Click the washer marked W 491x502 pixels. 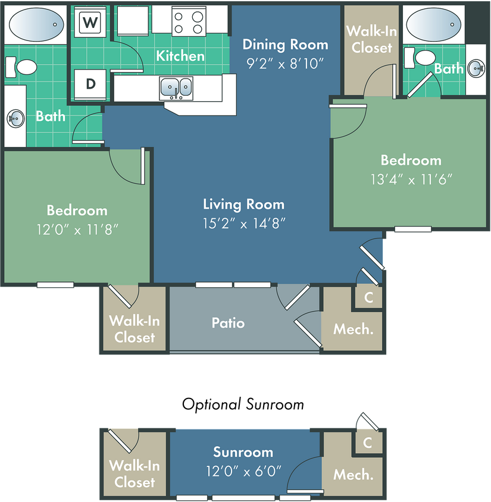90,23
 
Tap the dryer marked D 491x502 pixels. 90,84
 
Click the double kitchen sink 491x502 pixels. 176,87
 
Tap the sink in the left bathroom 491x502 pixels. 15,118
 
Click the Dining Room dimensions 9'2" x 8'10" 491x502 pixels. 285,63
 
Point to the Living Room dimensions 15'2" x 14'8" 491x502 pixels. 244,223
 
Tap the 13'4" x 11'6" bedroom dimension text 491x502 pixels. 411,178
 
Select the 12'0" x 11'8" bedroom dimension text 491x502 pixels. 77,229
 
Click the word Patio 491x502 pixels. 228,323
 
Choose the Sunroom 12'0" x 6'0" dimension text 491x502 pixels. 243,471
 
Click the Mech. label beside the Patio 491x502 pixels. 354,329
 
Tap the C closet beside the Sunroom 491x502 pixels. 368,443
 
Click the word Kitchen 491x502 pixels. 180,56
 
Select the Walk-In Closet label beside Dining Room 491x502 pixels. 371,39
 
